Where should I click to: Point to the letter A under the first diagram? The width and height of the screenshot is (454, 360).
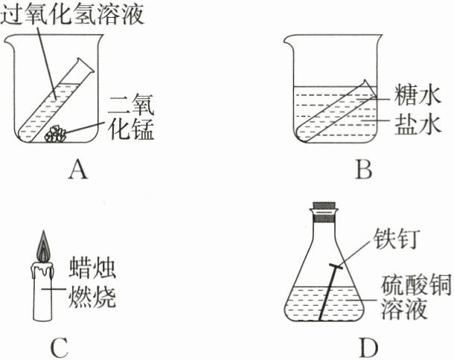(x=77, y=173)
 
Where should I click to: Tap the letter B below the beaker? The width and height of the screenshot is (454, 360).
(x=362, y=173)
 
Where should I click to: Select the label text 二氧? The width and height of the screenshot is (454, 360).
(x=130, y=104)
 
